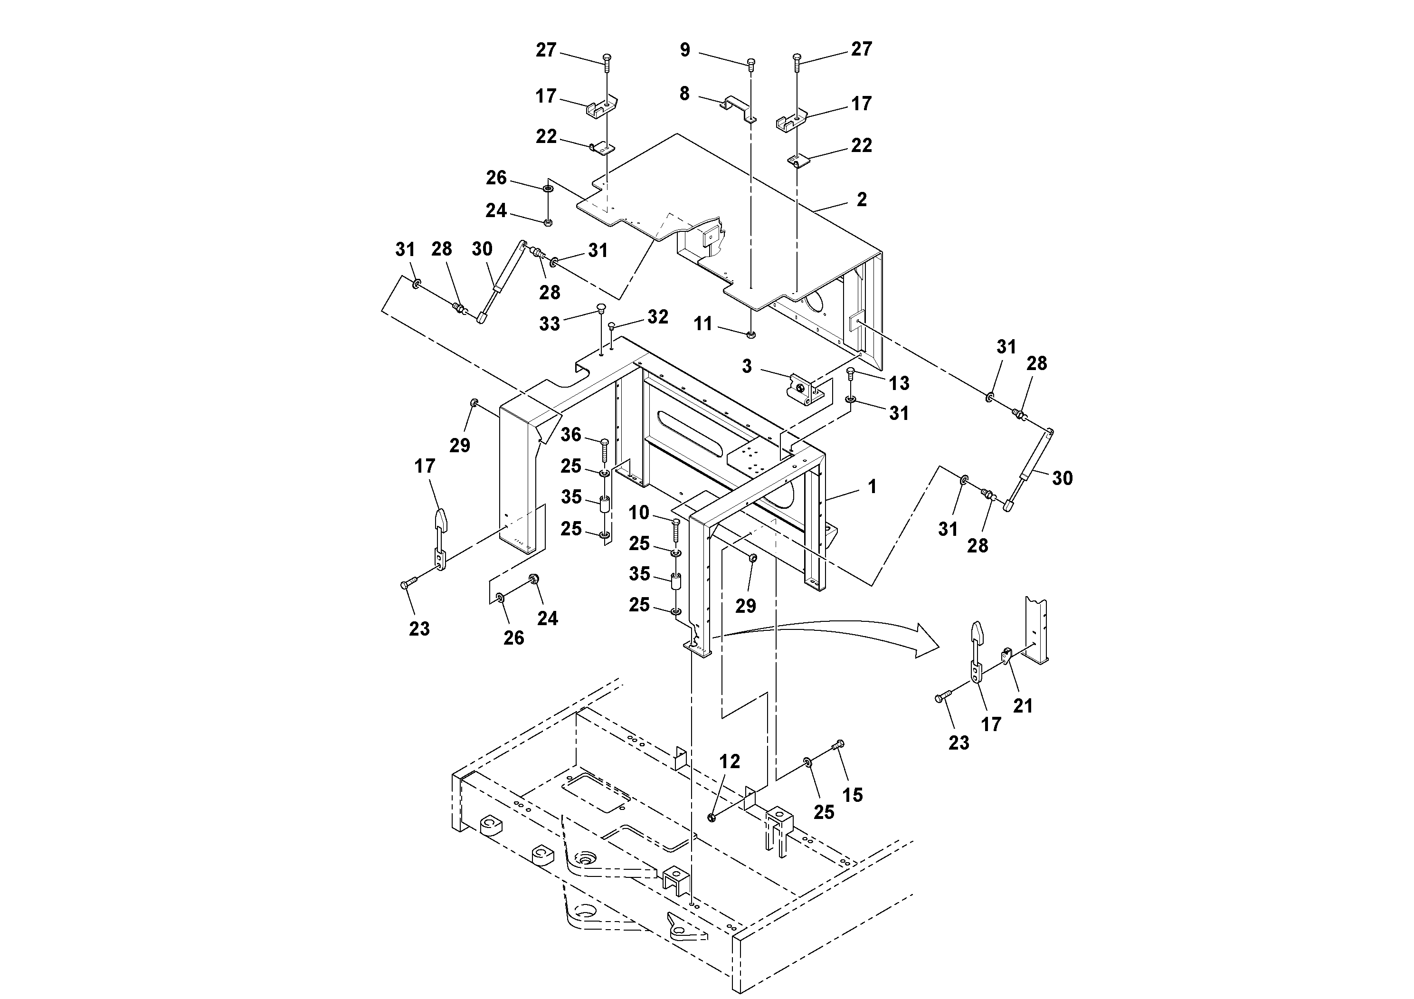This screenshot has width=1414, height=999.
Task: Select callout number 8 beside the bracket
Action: (684, 94)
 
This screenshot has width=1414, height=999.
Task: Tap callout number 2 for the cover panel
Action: (862, 200)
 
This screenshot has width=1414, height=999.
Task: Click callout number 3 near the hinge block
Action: (746, 366)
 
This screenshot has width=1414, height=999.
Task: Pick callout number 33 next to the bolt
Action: (550, 324)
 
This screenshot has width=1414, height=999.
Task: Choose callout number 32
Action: (658, 316)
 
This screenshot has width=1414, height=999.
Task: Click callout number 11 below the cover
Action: (702, 324)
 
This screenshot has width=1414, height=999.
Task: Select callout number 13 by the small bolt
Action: (899, 383)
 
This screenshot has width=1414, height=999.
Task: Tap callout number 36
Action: (571, 435)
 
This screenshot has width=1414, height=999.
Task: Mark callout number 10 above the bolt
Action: (639, 513)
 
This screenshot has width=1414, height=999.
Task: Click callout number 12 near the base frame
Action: (730, 762)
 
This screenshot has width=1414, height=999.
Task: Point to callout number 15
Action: (852, 795)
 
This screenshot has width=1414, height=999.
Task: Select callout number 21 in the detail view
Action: (1023, 706)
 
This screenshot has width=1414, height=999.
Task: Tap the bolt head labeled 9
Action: (751, 62)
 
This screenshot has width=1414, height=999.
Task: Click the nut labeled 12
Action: (712, 818)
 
